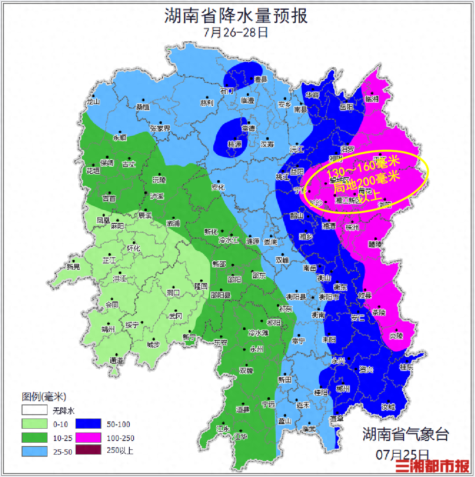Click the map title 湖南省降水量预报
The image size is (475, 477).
(236, 16)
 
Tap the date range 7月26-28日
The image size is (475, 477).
(236, 33)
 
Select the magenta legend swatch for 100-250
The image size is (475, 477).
(88, 437)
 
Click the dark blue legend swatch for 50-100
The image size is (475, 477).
(88, 424)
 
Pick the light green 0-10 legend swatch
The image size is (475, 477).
(35, 424)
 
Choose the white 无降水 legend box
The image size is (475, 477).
(35, 411)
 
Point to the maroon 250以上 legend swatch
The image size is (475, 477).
(88, 450)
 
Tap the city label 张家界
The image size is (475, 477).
(160, 128)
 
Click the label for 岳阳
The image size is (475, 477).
(347, 107)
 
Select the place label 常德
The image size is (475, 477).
(248, 129)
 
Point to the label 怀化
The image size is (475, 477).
(133, 248)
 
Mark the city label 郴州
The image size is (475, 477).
(342, 389)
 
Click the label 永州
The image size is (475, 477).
(256, 350)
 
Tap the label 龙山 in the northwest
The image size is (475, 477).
(94, 102)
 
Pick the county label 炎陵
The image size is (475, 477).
(396, 336)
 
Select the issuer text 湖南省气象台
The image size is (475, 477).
(406, 434)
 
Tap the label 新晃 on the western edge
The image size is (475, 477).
(73, 266)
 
